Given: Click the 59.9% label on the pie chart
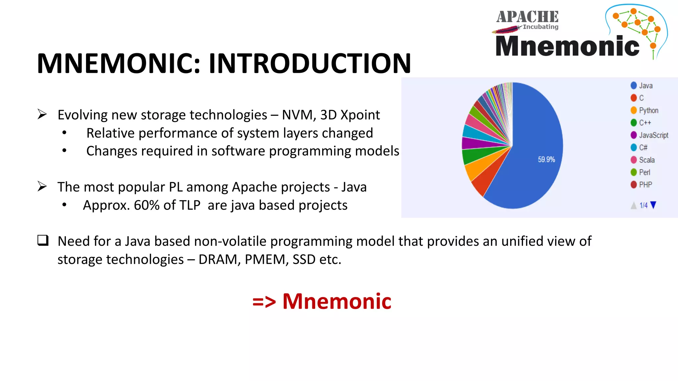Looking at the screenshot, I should click(x=546, y=159).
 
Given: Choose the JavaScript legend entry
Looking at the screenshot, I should click(x=649, y=135).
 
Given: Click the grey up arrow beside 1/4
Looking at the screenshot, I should click(x=634, y=206).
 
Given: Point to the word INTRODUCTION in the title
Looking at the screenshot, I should click(x=310, y=63).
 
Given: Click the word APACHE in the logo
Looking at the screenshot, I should click(x=527, y=17).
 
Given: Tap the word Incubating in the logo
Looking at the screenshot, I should click(x=540, y=27).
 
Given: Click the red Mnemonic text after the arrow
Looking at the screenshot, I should click(x=337, y=301).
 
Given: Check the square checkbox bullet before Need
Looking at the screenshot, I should click(x=43, y=240).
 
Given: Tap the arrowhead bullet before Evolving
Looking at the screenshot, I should click(x=42, y=114).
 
